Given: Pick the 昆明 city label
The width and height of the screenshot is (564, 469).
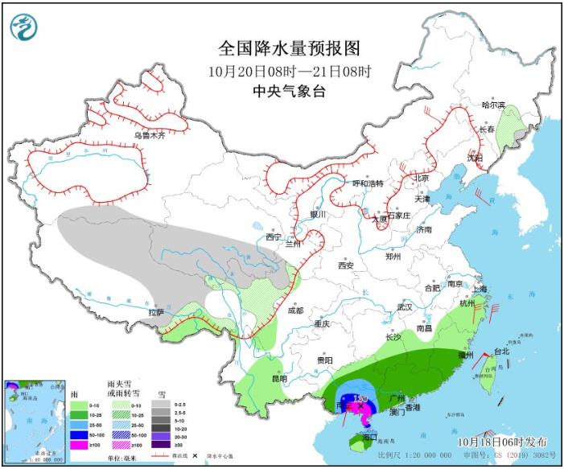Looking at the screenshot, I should (x=278, y=378).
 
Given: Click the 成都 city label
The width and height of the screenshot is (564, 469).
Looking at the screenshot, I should (x=295, y=310).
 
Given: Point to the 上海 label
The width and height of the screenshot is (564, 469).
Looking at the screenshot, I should (x=480, y=288).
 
